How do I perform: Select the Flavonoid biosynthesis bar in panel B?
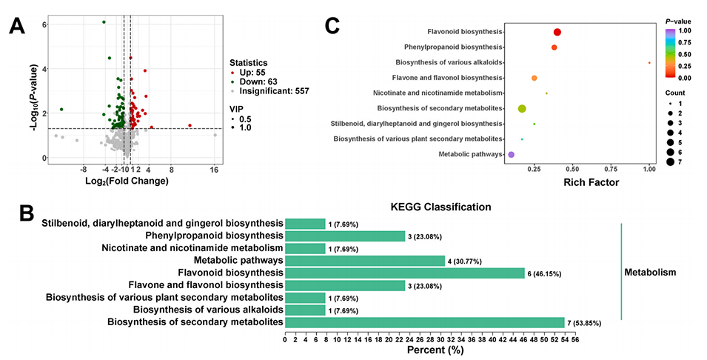[404, 273]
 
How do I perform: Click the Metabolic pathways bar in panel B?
[365, 260]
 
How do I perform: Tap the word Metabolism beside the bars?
[651, 273]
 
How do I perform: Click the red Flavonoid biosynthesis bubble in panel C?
[557, 32]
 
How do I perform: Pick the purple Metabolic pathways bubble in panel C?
[511, 154]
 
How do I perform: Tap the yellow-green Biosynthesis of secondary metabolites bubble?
[522, 109]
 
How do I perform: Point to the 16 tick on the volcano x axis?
[215, 170]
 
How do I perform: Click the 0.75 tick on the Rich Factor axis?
[611, 169]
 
